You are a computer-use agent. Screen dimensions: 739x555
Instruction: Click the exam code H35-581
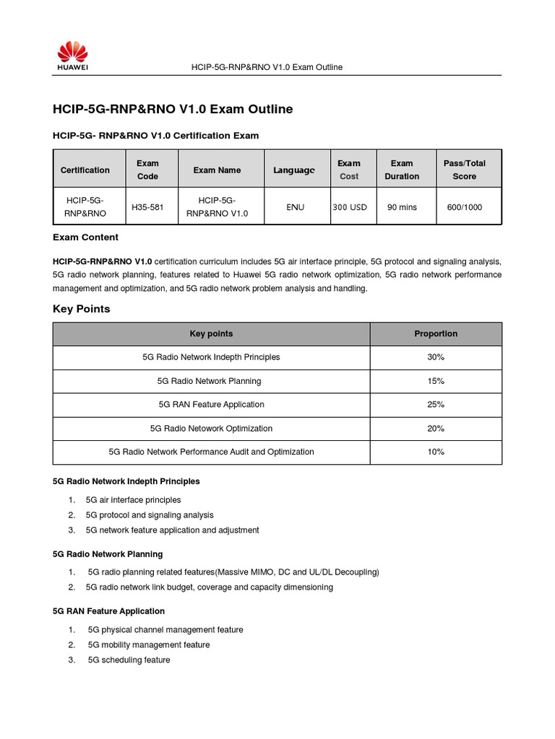pyautogui.click(x=147, y=207)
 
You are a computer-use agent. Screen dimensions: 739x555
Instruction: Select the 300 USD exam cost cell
pyautogui.click(x=350, y=207)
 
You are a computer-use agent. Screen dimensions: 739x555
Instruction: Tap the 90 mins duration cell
pyautogui.click(x=402, y=207)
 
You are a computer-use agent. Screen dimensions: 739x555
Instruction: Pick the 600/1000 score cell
pyautogui.click(x=465, y=207)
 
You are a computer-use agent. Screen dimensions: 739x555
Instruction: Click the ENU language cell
pyautogui.click(x=295, y=207)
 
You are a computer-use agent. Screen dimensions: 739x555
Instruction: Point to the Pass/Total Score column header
pyautogui.click(x=465, y=170)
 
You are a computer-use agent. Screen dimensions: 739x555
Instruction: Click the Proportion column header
pyautogui.click(x=436, y=334)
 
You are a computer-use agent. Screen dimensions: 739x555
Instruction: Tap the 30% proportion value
pyautogui.click(x=436, y=357)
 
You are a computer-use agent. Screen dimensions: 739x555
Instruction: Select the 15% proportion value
pyautogui.click(x=436, y=381)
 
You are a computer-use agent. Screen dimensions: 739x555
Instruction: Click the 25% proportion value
pyautogui.click(x=436, y=405)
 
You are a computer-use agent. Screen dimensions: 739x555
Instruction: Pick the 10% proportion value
pyautogui.click(x=436, y=452)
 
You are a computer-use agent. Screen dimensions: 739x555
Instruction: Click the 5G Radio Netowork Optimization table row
pyautogui.click(x=211, y=429)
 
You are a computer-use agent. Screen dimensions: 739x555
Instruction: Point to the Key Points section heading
pyautogui.click(x=82, y=309)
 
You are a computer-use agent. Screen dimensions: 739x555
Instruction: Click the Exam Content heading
pyautogui.click(x=86, y=237)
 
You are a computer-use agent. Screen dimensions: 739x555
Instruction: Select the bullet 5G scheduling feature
pyautogui.click(x=129, y=660)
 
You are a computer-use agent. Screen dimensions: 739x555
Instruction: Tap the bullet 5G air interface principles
pyautogui.click(x=133, y=500)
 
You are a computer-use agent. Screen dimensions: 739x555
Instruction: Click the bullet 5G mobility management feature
pyautogui.click(x=148, y=645)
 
